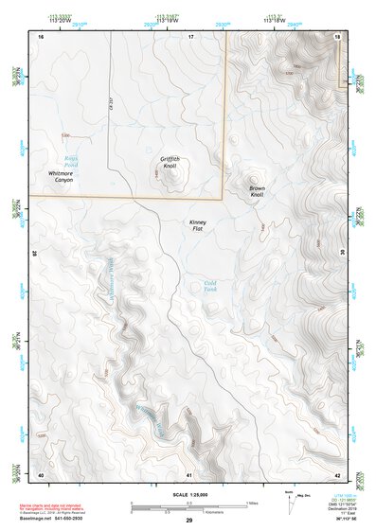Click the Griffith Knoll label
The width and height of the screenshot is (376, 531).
point(170,162)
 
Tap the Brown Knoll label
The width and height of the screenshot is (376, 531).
point(257,191)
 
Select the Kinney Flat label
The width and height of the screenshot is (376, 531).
point(198,225)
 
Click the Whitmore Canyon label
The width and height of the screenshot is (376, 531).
point(67,176)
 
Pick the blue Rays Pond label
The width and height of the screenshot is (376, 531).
point(72,161)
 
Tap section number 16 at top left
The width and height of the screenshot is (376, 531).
point(41,35)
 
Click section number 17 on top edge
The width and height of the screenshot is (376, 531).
point(189,35)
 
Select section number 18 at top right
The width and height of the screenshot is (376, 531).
point(337,35)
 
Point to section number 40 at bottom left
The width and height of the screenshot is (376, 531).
point(41,473)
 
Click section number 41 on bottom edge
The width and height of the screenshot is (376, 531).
point(189,473)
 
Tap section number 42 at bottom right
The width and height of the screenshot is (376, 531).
point(337,473)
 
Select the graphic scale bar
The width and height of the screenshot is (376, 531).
point(188,508)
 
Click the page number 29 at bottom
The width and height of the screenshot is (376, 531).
point(188,521)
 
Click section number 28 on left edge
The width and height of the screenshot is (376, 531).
point(33,254)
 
